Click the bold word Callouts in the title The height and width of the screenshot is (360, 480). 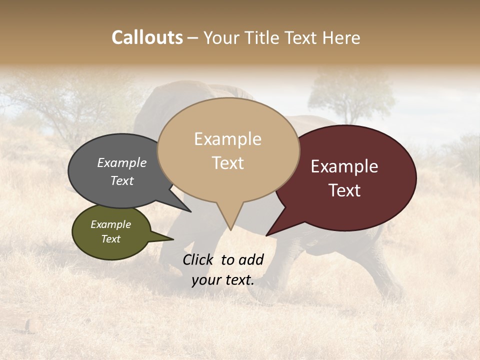click(x=147, y=37)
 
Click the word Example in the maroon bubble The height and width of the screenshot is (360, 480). click(x=344, y=166)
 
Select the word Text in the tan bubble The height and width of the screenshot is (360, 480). click(x=227, y=163)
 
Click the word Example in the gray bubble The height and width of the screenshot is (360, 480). click(x=122, y=162)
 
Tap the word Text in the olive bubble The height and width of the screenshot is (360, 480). click(x=111, y=239)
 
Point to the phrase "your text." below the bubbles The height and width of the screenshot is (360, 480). click(x=223, y=280)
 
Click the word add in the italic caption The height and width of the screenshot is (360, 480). click(x=251, y=259)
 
